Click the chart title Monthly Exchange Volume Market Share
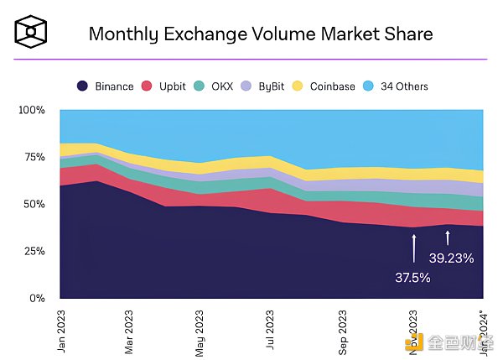pos(261,34)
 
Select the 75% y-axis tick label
pos(34,157)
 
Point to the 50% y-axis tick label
pos(34,204)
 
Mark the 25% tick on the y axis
pos(34,251)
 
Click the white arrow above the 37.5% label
pos(413,249)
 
